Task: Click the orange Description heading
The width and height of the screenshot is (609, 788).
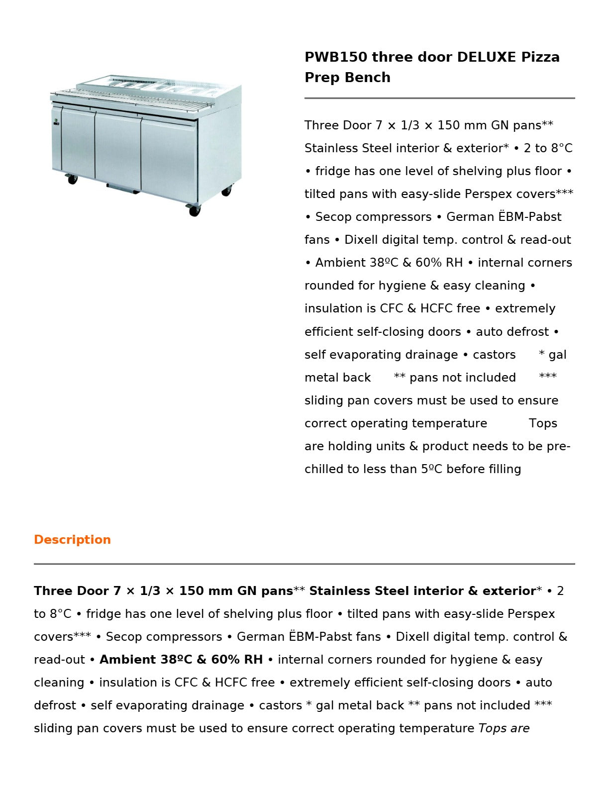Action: (x=72, y=540)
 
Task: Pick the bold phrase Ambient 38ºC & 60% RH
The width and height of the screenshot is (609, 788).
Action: (x=181, y=660)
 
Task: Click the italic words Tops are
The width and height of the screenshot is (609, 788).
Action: (x=504, y=728)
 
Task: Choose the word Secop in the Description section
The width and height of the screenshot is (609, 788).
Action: (x=124, y=637)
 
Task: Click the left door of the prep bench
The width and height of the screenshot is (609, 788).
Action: (x=78, y=142)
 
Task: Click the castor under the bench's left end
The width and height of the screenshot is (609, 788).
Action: (x=72, y=179)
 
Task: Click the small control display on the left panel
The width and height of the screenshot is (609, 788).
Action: (x=56, y=121)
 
